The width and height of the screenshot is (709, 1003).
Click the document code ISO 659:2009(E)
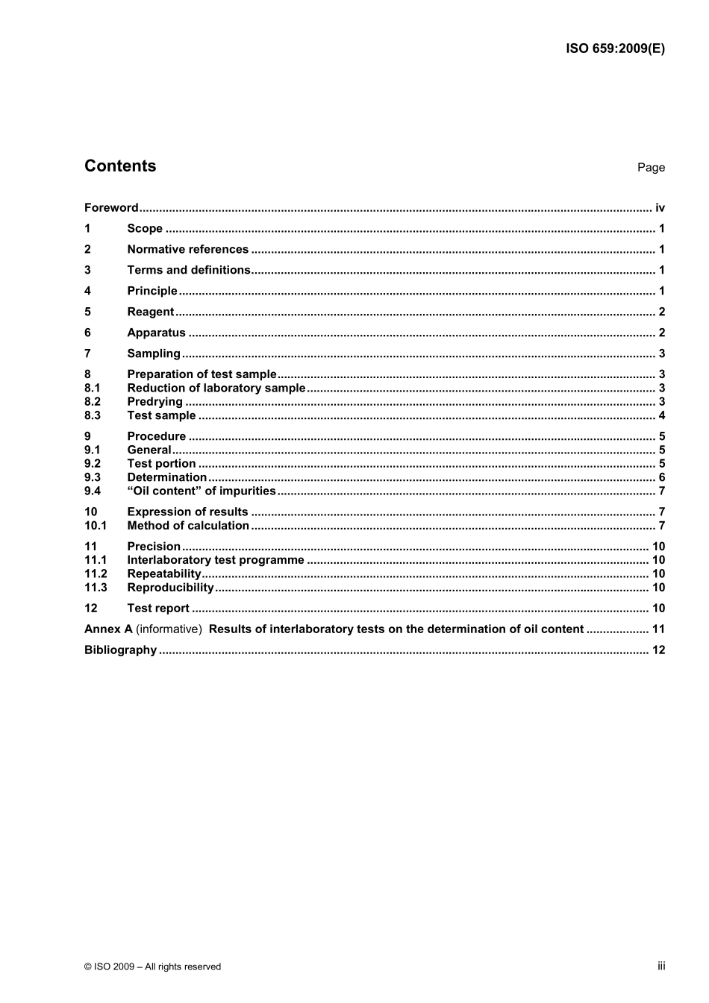tap(615, 49)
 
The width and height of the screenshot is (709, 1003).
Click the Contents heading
tap(120, 166)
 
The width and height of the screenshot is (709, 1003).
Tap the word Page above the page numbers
tap(651, 168)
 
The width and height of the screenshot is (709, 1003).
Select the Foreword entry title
tap(111, 208)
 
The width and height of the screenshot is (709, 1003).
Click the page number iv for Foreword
tap(660, 208)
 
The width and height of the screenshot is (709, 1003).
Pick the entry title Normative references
tap(187, 250)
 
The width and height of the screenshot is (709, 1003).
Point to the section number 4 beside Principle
tap(87, 291)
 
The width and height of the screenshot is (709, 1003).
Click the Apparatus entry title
tap(156, 333)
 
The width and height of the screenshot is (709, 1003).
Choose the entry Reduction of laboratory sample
tap(216, 388)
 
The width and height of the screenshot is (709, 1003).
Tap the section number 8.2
tap(93, 402)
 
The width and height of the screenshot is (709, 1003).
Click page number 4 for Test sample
tap(662, 415)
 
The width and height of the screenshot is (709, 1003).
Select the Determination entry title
tap(166, 477)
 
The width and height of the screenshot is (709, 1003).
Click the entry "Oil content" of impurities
tap(202, 491)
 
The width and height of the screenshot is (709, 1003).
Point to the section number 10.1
tap(96, 526)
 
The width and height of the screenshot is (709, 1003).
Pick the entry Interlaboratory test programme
tap(216, 560)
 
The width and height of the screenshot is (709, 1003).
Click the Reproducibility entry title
tap(170, 588)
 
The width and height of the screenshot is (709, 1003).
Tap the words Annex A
tap(108, 629)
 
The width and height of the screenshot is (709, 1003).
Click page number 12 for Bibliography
tap(658, 650)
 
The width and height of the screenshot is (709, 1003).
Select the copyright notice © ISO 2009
tap(152, 966)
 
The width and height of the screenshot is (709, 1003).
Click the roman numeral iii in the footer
tap(661, 966)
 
